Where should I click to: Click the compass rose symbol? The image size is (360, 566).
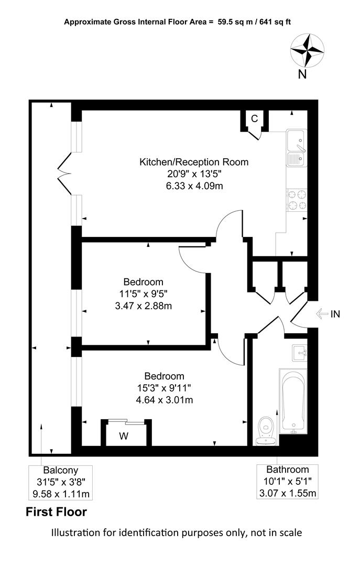coord(307,50)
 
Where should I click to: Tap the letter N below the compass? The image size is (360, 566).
coord(302,74)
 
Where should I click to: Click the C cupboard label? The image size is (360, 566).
coord(255,118)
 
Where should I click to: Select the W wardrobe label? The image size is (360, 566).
coord(124,436)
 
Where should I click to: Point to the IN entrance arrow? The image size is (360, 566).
coord(322,314)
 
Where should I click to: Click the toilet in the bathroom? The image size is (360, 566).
coord(266,431)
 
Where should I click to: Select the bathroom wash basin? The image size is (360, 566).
coord(300,353)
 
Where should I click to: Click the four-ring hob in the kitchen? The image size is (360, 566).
coord(297,200)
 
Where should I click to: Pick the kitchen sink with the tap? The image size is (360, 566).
coord(297,147)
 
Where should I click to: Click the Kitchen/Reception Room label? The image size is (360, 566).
coord(194,162)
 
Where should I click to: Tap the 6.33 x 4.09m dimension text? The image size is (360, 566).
coord(194,186)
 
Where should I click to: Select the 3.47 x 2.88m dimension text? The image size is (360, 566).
coord(144,306)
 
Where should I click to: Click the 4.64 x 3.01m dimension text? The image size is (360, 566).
coord(165,400)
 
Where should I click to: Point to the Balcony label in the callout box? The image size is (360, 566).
coord(61,470)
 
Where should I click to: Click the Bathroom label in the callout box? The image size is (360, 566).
coord(287,470)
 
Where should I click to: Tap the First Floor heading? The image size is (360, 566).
coord(56,512)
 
